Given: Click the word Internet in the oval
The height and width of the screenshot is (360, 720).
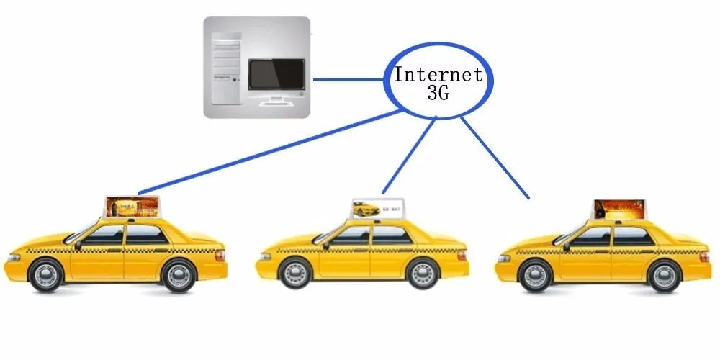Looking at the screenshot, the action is tap(437, 75).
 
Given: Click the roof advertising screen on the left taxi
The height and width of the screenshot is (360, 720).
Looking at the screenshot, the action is tap(131, 207).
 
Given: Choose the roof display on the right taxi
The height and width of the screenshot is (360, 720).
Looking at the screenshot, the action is tap(618, 210).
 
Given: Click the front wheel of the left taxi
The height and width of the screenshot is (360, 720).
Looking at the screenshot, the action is tap(47, 274).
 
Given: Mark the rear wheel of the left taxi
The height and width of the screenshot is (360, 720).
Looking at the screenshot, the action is tap(177, 274).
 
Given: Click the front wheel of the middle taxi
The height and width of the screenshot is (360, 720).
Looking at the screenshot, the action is tap(295, 274).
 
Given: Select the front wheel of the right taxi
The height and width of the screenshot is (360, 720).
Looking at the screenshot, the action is tap(535, 276).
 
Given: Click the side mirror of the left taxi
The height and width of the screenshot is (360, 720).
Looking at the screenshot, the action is tap(78, 246).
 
